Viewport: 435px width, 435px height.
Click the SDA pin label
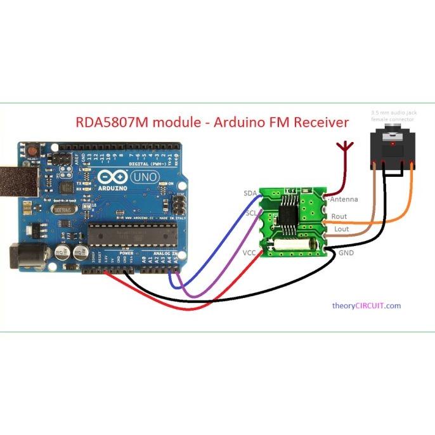pyautogui.click(x=250, y=193)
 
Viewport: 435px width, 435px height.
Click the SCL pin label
pyautogui.click(x=250, y=213)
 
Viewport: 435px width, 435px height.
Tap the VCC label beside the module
pyautogui.click(x=249, y=252)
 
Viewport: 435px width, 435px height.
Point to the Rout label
pyautogui.click(x=339, y=216)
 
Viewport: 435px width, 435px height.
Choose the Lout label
pyautogui.click(x=341, y=229)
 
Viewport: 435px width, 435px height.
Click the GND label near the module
pyautogui.click(x=346, y=252)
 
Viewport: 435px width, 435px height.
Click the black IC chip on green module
pyautogui.click(x=290, y=212)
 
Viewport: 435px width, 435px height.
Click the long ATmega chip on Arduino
pyautogui.click(x=130, y=234)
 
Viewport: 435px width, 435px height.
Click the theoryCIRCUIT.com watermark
pyautogui.click(x=367, y=306)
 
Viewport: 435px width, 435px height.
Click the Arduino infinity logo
pyautogui.click(x=107, y=177)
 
